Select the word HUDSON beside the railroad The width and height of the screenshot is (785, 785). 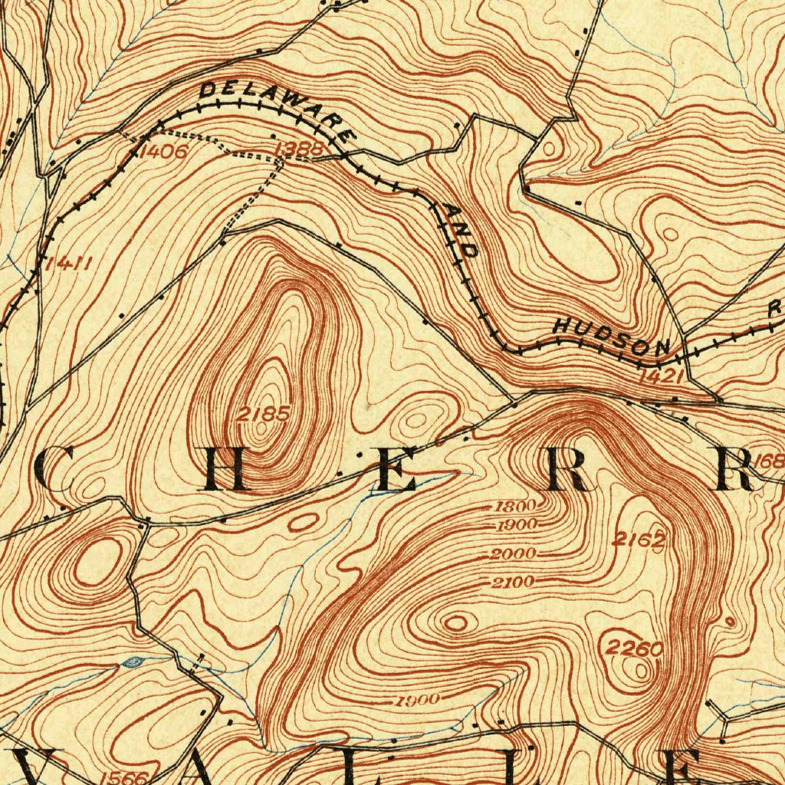[x=613, y=337]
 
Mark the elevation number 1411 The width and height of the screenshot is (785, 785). [x=69, y=264]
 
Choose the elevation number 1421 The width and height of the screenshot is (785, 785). [x=659, y=376]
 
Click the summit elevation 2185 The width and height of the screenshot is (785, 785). [x=263, y=414]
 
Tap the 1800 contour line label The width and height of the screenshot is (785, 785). [x=514, y=507]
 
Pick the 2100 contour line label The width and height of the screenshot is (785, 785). [x=512, y=583]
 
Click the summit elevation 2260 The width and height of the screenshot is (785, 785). [x=634, y=649]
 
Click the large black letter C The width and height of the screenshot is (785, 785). [x=54, y=469]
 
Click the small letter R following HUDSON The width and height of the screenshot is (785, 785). [x=775, y=308]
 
